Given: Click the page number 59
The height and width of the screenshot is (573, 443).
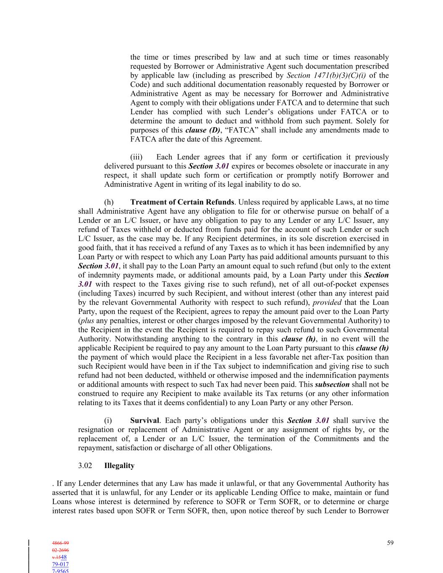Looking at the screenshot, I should click(x=390, y=543).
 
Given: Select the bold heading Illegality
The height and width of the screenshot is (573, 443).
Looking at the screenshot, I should click(x=119, y=466).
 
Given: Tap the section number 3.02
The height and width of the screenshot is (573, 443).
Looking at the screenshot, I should click(x=85, y=466).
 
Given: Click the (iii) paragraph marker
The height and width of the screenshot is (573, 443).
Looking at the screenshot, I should click(x=136, y=157).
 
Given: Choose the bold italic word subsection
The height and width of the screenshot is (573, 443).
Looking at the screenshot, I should click(x=332, y=384).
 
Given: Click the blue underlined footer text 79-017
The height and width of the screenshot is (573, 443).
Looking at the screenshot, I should click(x=60, y=564).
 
